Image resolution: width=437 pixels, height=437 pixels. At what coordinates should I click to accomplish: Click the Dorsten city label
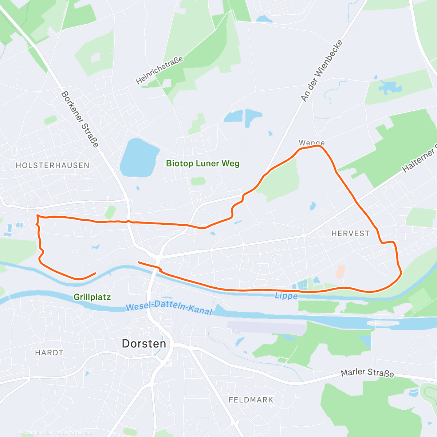[144, 343]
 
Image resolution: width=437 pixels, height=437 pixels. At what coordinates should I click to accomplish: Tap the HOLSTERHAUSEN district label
[52, 165]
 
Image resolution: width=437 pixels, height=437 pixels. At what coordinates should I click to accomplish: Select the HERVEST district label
[350, 233]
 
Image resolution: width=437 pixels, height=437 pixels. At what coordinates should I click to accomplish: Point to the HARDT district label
[49, 353]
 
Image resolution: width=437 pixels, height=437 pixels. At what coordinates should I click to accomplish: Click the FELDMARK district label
[251, 400]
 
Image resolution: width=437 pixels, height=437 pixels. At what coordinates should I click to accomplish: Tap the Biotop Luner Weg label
[203, 163]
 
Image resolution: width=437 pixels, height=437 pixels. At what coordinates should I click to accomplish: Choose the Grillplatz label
[92, 297]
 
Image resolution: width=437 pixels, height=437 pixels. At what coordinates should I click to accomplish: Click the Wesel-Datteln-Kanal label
[169, 307]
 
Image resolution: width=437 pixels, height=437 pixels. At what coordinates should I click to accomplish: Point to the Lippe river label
[286, 296]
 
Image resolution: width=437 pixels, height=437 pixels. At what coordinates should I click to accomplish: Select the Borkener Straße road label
[80, 119]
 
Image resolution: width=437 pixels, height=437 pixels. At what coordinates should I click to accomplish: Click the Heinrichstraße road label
[160, 70]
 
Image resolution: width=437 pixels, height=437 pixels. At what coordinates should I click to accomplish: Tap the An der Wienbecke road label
[322, 71]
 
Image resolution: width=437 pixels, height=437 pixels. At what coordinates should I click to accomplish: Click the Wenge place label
[311, 143]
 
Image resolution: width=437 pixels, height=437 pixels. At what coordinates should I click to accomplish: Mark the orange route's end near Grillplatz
[95, 273]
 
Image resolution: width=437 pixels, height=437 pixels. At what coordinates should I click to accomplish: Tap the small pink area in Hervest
[340, 272]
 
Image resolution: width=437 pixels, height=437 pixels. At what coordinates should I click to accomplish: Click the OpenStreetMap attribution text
[76, 432]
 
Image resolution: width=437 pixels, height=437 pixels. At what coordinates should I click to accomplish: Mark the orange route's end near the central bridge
[138, 262]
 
